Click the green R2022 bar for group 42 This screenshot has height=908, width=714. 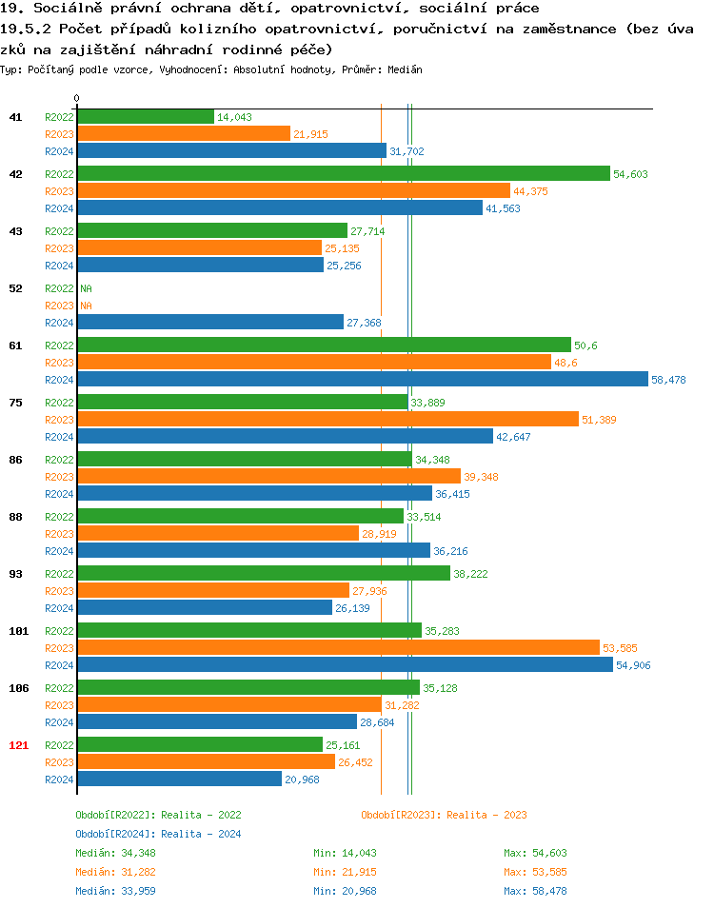(x=343, y=173)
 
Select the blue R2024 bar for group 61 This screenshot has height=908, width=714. (x=362, y=380)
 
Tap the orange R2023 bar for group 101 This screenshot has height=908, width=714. (x=338, y=647)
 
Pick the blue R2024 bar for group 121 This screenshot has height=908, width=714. (x=179, y=780)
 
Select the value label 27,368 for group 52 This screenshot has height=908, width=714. (x=364, y=323)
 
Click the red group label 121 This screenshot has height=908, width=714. (x=18, y=745)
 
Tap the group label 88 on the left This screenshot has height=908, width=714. (x=15, y=517)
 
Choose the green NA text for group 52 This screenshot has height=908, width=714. (x=86, y=287)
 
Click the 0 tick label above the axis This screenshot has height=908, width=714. (x=77, y=99)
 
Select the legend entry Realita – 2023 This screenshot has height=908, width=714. (x=444, y=815)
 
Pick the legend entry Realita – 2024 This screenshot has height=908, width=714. (x=158, y=834)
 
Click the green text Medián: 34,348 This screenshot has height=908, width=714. (x=114, y=853)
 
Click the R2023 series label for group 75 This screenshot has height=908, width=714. (x=59, y=420)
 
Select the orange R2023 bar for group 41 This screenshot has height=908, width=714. (x=183, y=133)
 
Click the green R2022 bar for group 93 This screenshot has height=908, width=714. (x=263, y=573)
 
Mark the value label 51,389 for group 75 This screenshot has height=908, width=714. (x=602, y=420)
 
